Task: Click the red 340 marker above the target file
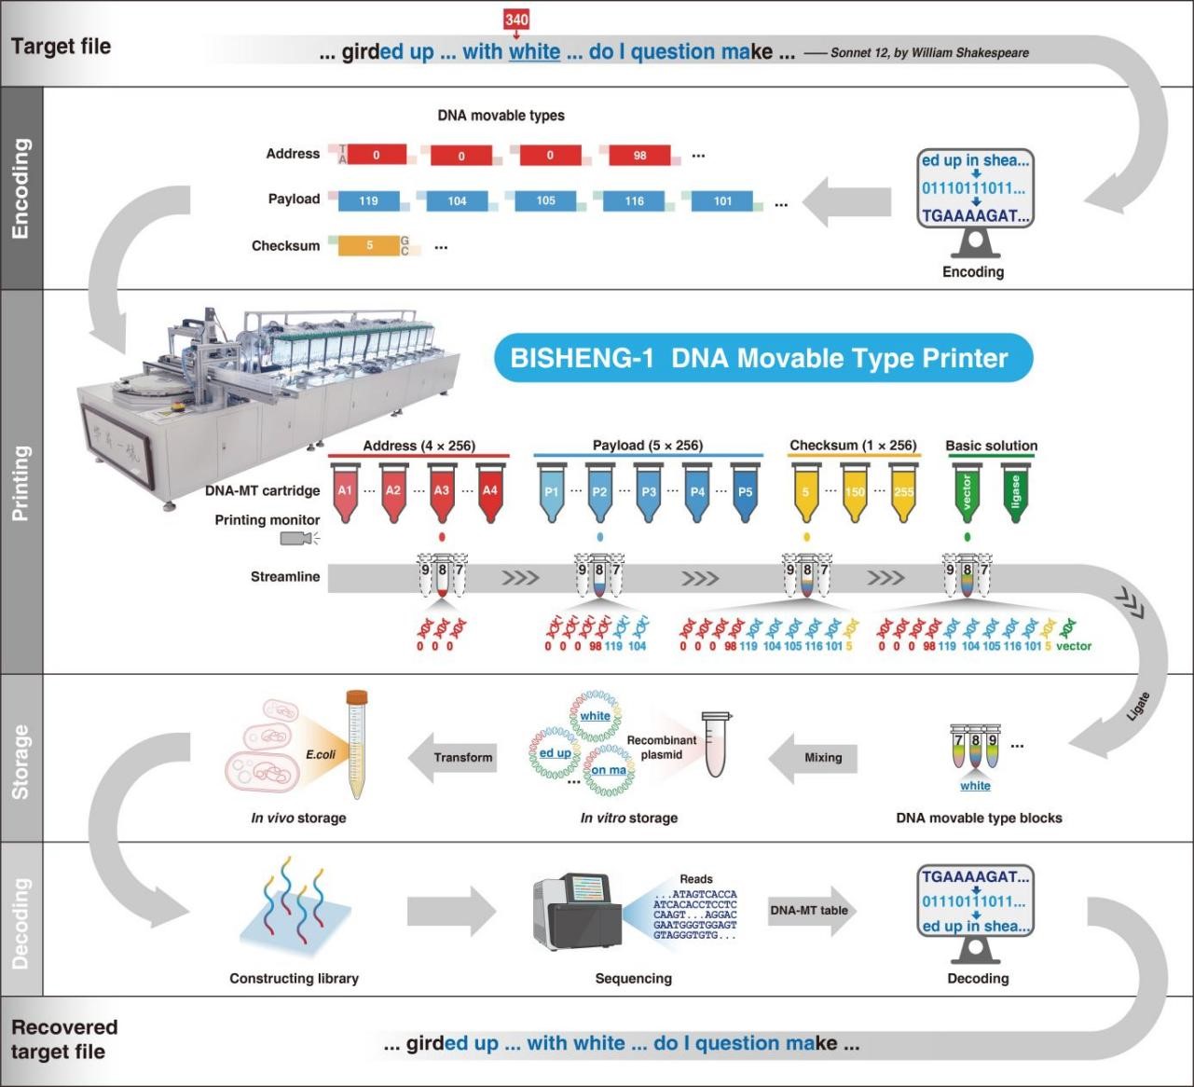click(x=516, y=19)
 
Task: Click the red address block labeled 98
click(x=639, y=155)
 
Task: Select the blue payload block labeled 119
click(x=369, y=200)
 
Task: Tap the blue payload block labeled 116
click(x=635, y=200)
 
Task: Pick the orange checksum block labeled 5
click(x=369, y=245)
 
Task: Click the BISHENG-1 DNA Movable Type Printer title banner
click(x=762, y=358)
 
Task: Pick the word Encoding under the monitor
click(x=973, y=272)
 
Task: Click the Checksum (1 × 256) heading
click(x=853, y=446)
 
